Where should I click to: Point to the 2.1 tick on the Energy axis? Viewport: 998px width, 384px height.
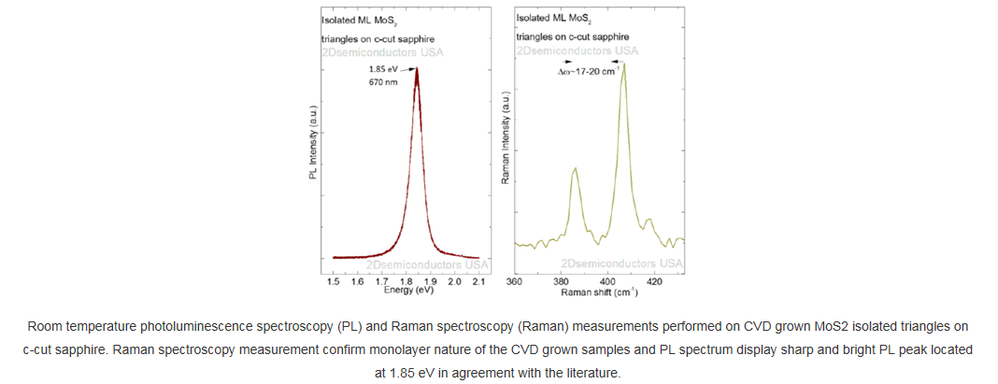click(x=479, y=281)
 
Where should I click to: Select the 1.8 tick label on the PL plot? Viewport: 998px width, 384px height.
click(x=406, y=281)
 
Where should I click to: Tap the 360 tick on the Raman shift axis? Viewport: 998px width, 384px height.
click(x=514, y=280)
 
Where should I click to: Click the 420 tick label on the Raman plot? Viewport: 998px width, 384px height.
click(x=654, y=280)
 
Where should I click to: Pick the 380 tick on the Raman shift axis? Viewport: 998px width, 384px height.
click(x=561, y=280)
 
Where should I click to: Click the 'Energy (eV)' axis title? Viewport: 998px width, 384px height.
click(x=408, y=291)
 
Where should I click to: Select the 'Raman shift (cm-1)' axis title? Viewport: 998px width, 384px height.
click(x=599, y=292)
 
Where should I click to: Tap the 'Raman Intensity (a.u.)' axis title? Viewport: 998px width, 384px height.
click(x=506, y=136)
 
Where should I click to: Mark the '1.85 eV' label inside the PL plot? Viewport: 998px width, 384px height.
click(x=384, y=68)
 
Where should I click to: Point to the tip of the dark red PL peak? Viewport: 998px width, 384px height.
click(x=416, y=68)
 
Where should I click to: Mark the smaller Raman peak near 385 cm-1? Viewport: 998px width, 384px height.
click(x=575, y=168)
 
